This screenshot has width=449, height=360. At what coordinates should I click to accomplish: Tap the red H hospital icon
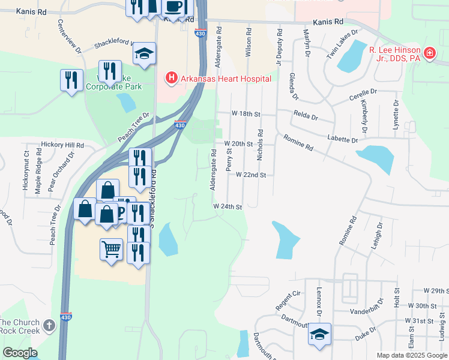172,78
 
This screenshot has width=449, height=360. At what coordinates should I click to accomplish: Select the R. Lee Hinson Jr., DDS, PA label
394,54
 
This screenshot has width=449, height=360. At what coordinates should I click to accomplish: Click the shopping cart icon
111,249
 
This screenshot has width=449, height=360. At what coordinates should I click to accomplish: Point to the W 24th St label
228,206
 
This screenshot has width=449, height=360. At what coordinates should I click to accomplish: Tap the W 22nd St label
250,175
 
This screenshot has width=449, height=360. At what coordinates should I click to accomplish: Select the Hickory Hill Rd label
62,145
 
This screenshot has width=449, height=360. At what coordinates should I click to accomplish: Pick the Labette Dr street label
343,139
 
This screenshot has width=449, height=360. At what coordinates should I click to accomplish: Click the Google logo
20,353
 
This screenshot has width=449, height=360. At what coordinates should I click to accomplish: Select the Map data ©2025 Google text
411,355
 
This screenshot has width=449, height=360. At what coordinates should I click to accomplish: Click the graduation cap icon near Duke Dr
319,335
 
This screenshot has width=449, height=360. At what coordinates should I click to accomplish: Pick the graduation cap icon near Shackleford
144,53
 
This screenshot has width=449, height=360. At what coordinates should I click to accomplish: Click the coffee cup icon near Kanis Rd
174,7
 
